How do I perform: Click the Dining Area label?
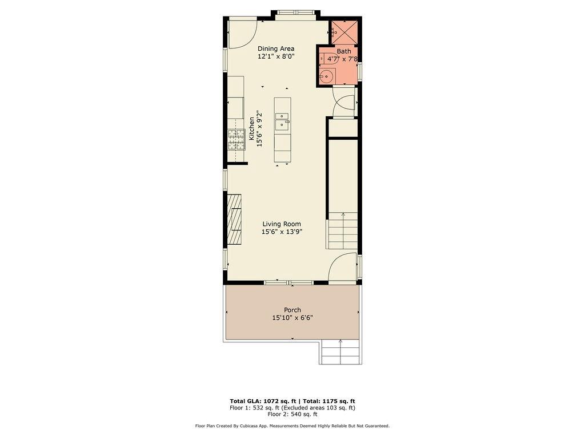pyautogui.click(x=275, y=48)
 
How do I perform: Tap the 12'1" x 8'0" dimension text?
pyautogui.click(x=275, y=56)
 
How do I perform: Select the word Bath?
pyautogui.click(x=344, y=51)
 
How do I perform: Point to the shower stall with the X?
pyautogui.click(x=345, y=32)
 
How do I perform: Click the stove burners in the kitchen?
pyautogui.click(x=236, y=139)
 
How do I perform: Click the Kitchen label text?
pyautogui.click(x=251, y=129)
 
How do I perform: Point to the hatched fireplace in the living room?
pyautogui.click(x=234, y=220)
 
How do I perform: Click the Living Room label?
pyautogui.click(x=282, y=224)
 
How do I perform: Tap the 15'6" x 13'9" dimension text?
pyautogui.click(x=282, y=232)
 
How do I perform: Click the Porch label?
pyautogui.click(x=292, y=310)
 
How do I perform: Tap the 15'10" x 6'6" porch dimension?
pyautogui.click(x=292, y=318)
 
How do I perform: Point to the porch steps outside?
pyautogui.click(x=340, y=352)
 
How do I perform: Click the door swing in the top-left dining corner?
pyautogui.click(x=242, y=34)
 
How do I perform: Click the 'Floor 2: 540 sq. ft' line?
pyautogui.click(x=292, y=414)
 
